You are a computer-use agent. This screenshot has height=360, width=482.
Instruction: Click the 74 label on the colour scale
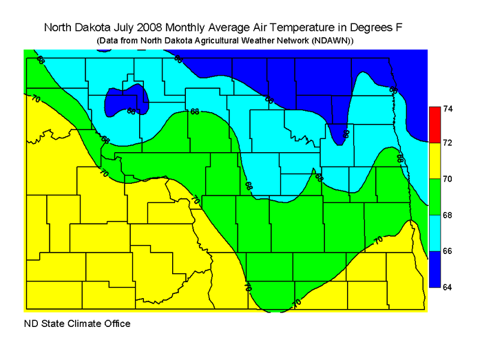click(x=448, y=109)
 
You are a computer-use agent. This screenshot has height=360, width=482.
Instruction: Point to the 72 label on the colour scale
click(x=448, y=142)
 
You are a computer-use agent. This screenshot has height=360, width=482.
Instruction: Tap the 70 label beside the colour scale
click(x=448, y=179)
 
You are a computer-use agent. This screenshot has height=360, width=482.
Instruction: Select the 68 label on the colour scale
click(x=448, y=215)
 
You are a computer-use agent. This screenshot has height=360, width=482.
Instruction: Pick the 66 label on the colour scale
click(x=448, y=251)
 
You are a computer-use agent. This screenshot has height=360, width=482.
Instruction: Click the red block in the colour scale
click(x=434, y=124)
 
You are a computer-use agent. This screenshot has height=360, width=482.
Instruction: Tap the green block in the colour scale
click(x=434, y=197)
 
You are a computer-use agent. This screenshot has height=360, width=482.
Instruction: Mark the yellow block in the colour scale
click(x=434, y=160)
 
